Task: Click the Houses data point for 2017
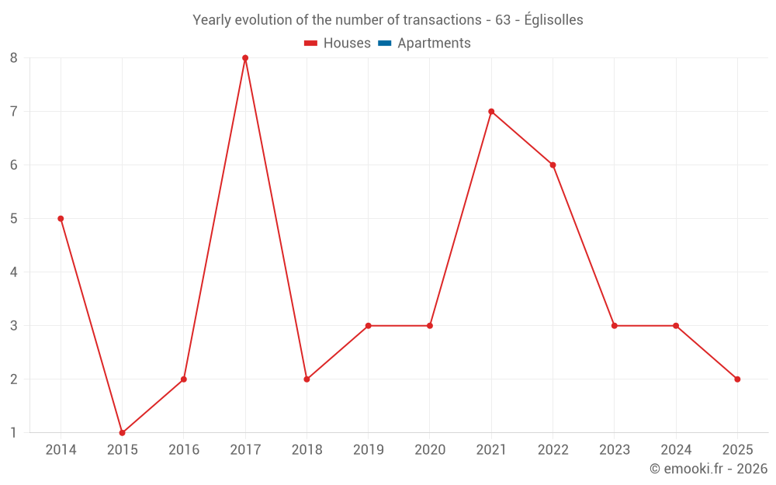245,58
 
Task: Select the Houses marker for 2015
122,433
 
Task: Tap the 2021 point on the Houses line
491,112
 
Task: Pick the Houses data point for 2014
61,219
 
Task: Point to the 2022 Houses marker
553,165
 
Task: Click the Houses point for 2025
737,379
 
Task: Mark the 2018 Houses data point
307,379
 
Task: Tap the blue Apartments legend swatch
384,43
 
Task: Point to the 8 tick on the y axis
14,58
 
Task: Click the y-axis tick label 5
14,219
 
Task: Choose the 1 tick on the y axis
14,433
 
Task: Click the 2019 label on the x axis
368,450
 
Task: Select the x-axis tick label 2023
614,450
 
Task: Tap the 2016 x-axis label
184,450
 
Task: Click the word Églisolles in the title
553,20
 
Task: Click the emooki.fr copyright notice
708,469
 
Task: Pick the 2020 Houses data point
430,326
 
